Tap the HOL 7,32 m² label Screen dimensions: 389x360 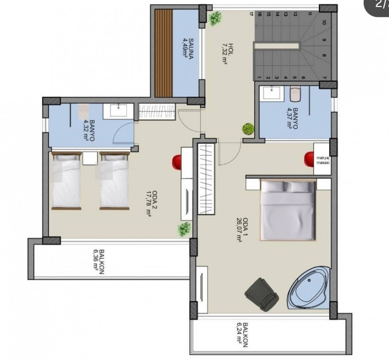point(227,54)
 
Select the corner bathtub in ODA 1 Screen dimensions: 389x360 point(308,288)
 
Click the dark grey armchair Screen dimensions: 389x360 point(262,294)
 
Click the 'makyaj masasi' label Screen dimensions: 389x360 point(323,160)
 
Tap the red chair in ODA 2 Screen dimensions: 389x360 point(177,162)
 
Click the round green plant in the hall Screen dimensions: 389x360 point(248,129)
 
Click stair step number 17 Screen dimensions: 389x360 point(251,14)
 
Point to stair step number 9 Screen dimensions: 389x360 point(324,39)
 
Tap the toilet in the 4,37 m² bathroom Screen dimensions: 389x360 point(295,94)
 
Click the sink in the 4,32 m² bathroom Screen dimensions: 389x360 point(118,110)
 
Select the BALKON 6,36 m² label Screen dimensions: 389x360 point(98,262)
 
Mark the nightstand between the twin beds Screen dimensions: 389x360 point(90,158)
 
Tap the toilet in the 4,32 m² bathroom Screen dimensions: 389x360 point(83,111)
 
